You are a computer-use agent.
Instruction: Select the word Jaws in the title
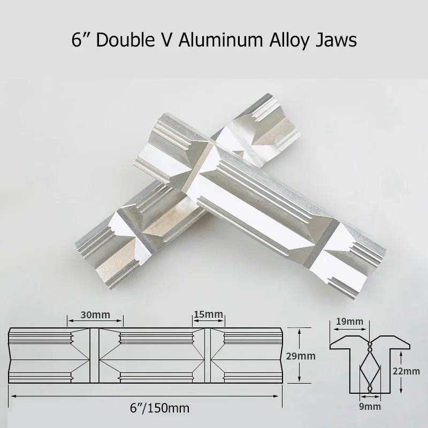click(x=337, y=41)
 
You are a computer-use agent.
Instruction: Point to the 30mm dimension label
click(x=95, y=315)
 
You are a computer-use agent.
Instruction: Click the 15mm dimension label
click(x=208, y=314)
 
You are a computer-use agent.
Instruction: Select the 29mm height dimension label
click(x=301, y=356)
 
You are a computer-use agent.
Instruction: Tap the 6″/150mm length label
click(x=159, y=408)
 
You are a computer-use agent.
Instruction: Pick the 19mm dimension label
click(x=349, y=322)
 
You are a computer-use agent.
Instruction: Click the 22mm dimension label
click(x=406, y=371)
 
